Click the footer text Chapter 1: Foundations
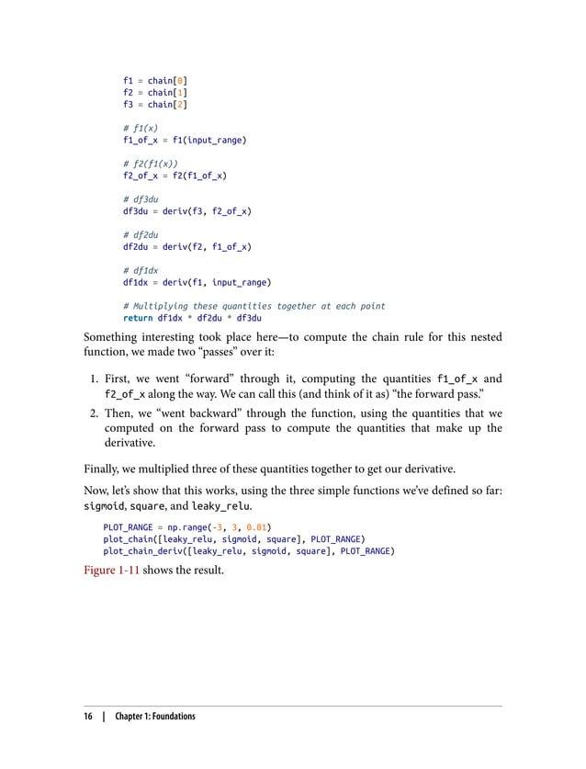coord(155,716)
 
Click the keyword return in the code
coord(138,317)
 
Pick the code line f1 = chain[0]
coord(155,81)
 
